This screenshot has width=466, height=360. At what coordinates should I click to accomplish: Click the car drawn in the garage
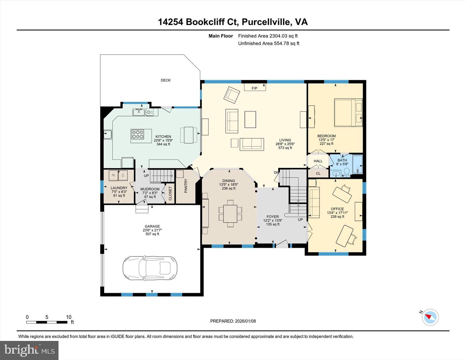[x=150, y=268]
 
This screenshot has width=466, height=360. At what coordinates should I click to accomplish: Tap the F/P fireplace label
[x=255, y=88]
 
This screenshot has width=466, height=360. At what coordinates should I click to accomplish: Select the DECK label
[x=165, y=80]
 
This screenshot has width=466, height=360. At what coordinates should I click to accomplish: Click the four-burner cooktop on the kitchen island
[x=137, y=134]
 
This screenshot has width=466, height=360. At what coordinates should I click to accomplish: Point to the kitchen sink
[x=139, y=112]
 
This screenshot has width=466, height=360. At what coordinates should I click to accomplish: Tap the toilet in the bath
[x=346, y=172]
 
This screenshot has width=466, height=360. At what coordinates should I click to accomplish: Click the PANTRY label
[x=186, y=186]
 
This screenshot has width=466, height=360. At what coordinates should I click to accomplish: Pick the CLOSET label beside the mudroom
[x=170, y=193]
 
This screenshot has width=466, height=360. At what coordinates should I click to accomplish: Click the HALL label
[x=318, y=161]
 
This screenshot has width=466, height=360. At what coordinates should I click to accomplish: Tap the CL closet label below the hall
[x=318, y=173]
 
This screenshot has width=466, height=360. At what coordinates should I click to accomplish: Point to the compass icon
[x=430, y=317]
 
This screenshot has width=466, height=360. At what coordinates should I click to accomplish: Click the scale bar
[x=47, y=322]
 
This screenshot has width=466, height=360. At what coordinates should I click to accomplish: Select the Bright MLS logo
[x=29, y=350]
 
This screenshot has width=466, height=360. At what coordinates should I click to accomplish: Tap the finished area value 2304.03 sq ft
[x=283, y=36]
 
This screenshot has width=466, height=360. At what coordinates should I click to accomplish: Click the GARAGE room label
[x=152, y=226]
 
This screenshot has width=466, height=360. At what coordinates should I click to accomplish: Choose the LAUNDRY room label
[x=119, y=188]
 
